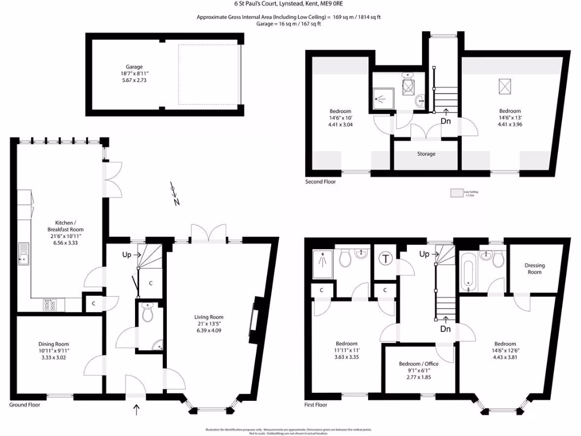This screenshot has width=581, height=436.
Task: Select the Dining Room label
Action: pos(53,344)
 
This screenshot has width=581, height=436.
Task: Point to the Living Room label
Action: pos(209,317)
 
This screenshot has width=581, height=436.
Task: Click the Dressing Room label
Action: pos(534,269)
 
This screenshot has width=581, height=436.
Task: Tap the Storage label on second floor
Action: pos(426,154)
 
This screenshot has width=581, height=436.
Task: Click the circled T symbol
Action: pos(386,259)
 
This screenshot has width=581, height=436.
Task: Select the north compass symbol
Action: pos(174,192)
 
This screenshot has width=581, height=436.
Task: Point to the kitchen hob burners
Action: pos(49,305)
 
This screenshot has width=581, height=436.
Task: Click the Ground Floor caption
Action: pos(24,405)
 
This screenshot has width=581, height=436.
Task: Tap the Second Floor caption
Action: pos(321,182)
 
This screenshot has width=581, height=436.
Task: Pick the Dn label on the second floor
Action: pos(445,121)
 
